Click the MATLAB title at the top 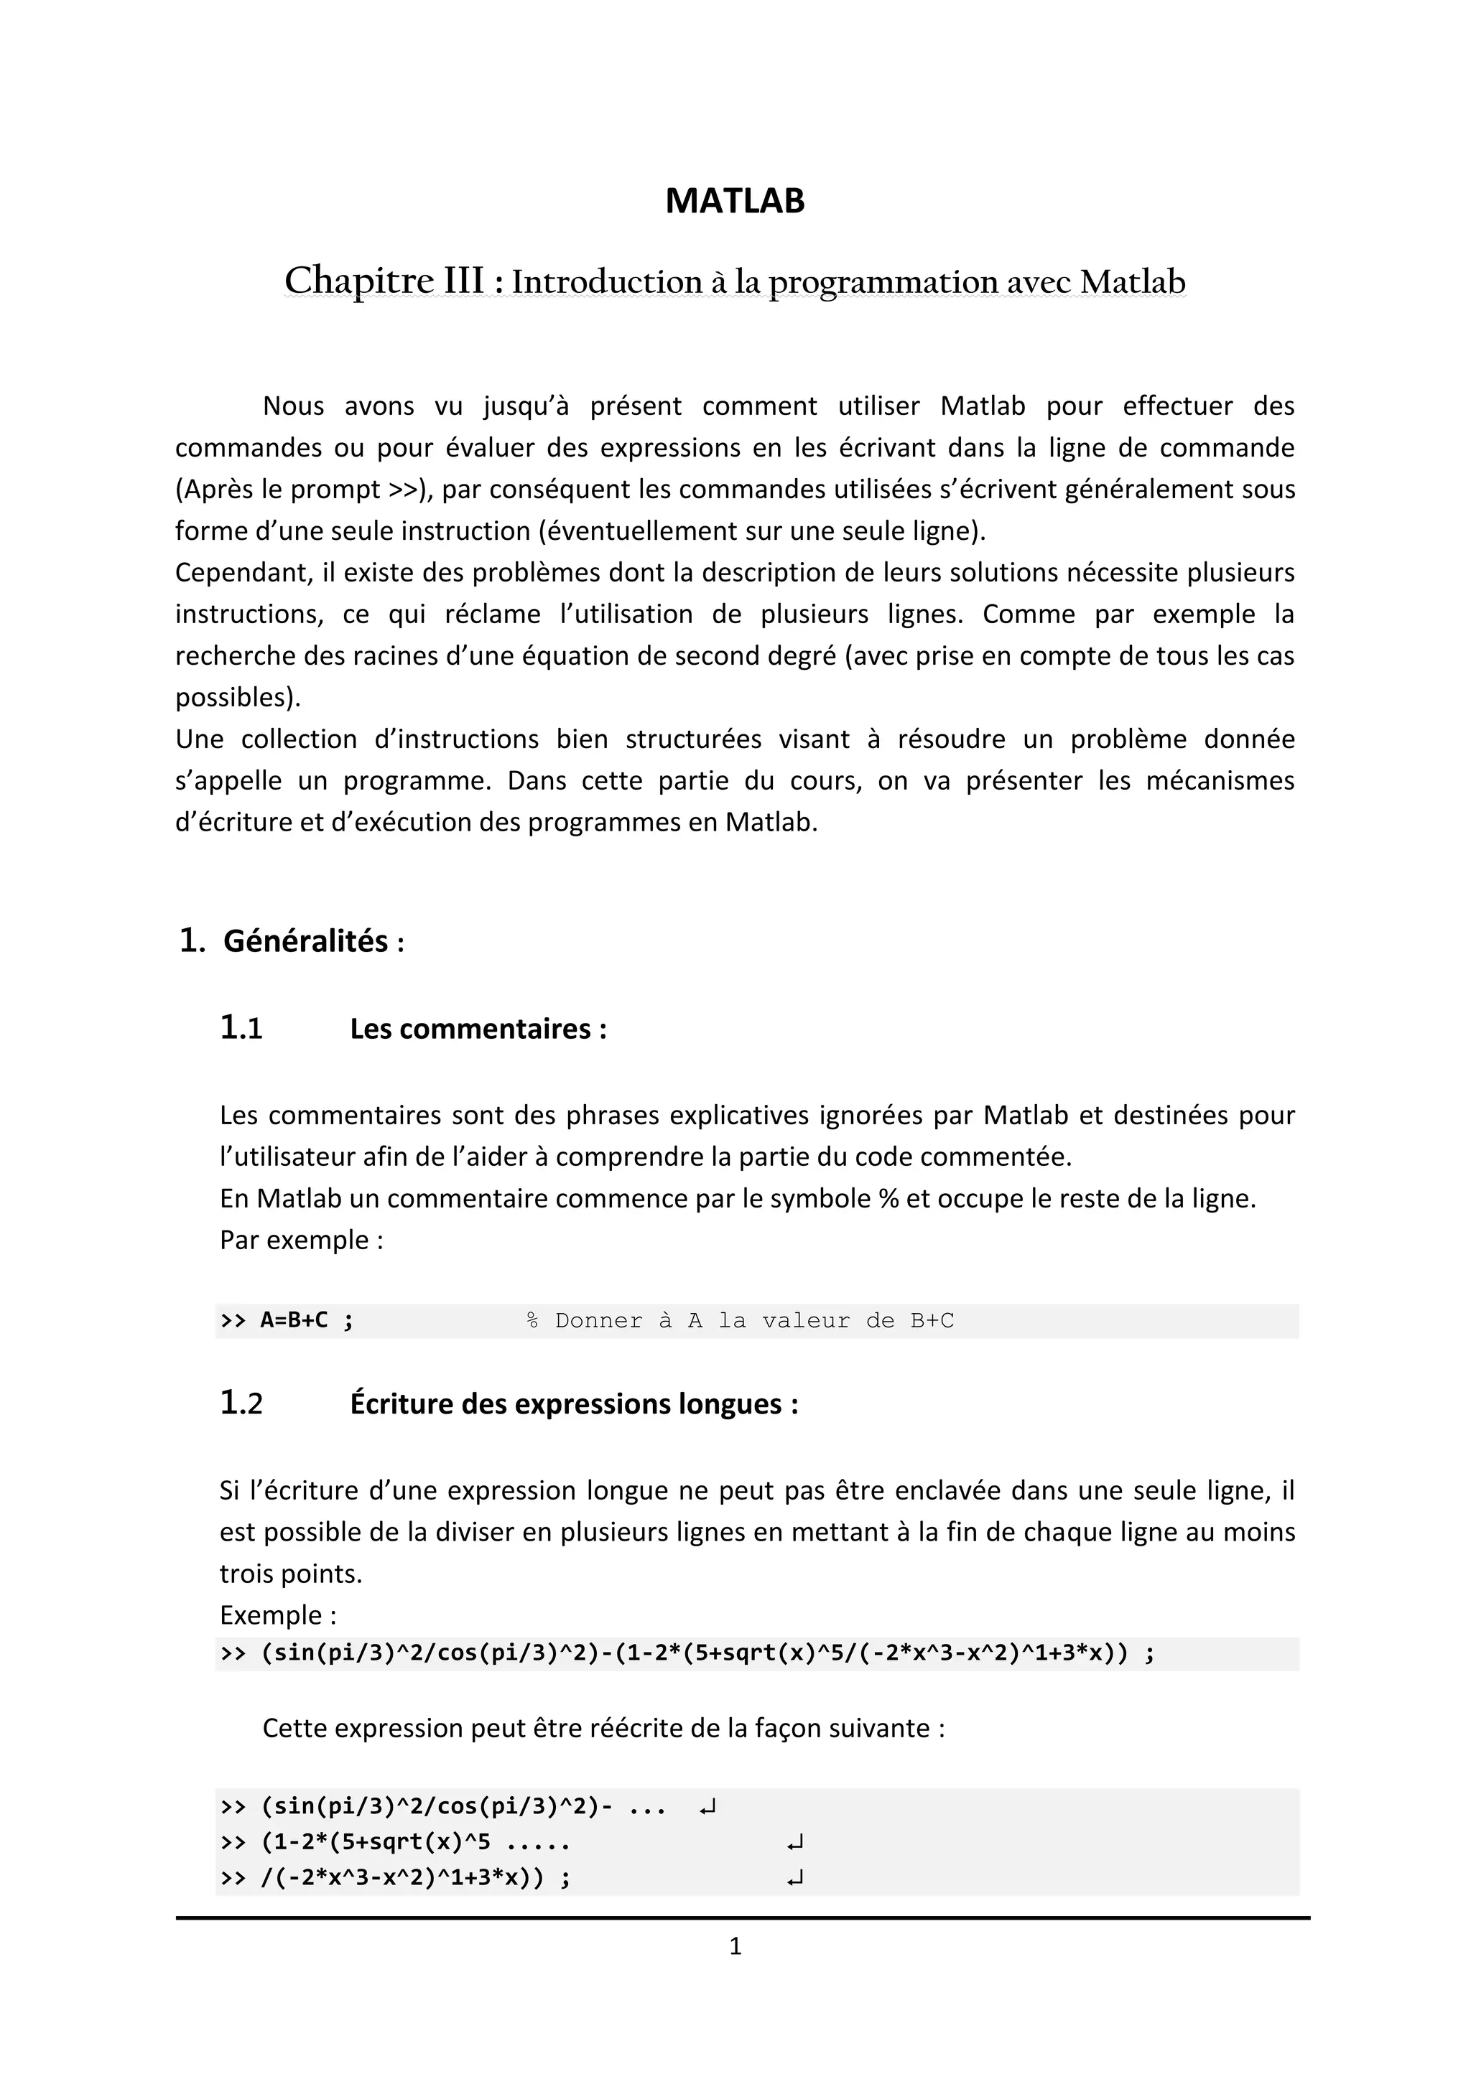coord(735,201)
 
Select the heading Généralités coord(306,941)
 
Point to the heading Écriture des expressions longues coord(573,1403)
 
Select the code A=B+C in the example coord(294,1320)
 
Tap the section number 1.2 coord(241,1403)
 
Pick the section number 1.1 coord(241,1029)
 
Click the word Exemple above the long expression coord(271,1615)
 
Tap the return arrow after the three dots coord(708,1808)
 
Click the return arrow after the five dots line coord(795,1843)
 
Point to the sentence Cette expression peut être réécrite coord(603,1728)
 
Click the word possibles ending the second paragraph coord(236,697)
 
